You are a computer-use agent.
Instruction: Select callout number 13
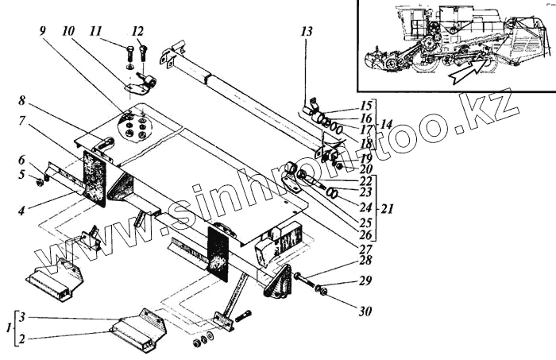click(x=307, y=32)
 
